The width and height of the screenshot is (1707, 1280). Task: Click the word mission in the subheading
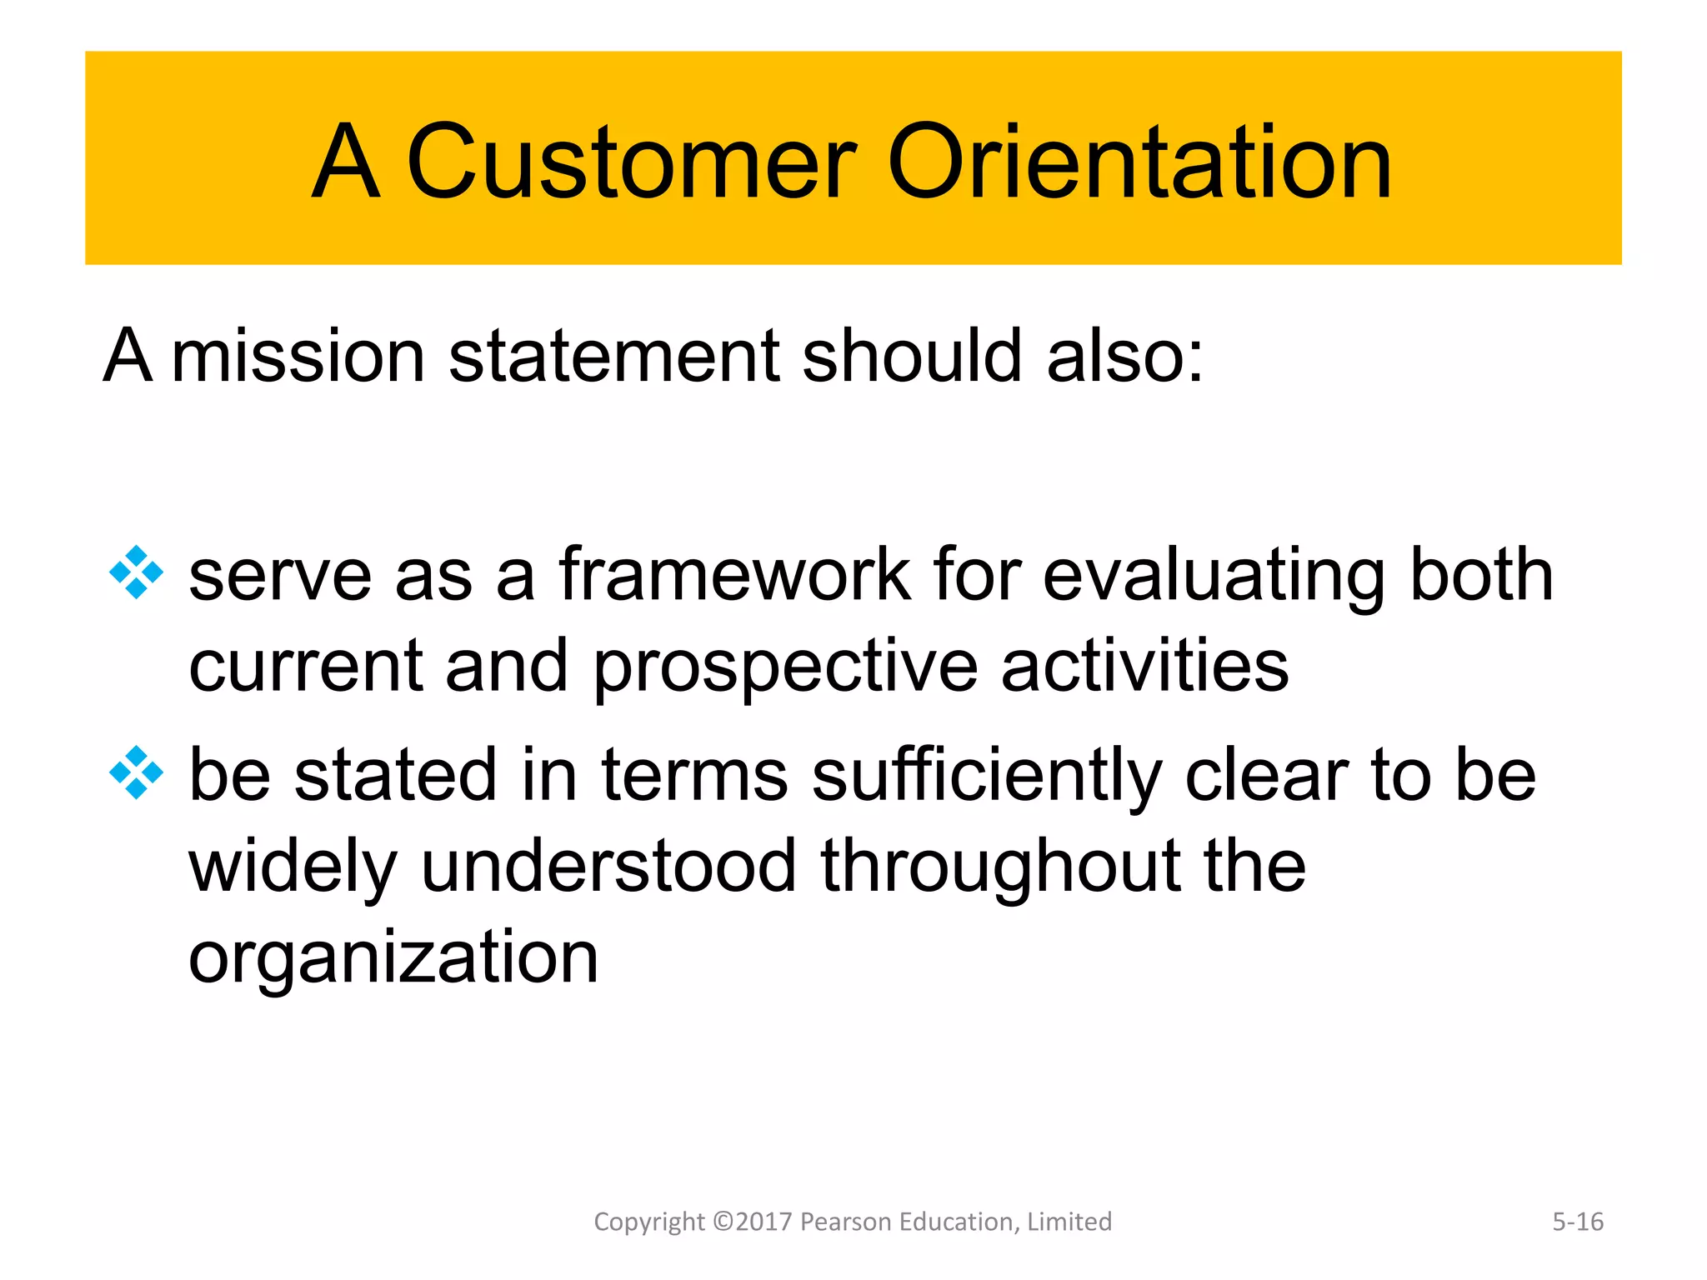[298, 357]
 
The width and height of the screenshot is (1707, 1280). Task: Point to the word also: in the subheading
[1124, 357]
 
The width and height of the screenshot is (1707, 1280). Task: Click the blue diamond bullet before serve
[136, 572]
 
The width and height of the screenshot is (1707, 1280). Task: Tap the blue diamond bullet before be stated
[136, 772]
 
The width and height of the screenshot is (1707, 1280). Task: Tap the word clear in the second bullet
[1266, 775]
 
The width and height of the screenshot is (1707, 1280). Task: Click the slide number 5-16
[1577, 1222]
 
